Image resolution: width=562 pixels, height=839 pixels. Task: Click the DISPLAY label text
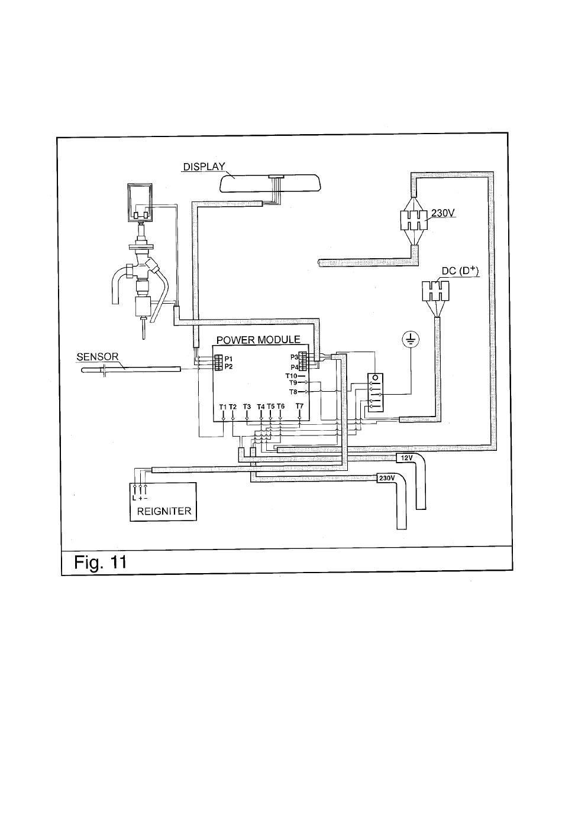click(x=204, y=166)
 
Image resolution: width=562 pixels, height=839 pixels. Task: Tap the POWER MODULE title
click(x=259, y=340)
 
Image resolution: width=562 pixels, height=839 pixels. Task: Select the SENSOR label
click(x=98, y=357)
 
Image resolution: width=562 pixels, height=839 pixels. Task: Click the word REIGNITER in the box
click(x=164, y=511)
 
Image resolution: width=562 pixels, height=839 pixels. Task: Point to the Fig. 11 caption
click(x=100, y=562)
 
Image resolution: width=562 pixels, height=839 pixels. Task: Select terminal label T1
click(x=223, y=407)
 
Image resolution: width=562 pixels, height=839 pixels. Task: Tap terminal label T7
click(x=299, y=406)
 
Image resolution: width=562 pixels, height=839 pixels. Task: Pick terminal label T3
click(x=247, y=407)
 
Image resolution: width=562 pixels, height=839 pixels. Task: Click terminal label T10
click(x=291, y=376)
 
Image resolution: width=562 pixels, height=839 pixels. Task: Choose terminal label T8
click(x=293, y=392)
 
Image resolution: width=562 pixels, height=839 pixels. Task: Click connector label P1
click(x=228, y=359)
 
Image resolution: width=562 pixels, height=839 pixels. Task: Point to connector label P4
click(x=294, y=367)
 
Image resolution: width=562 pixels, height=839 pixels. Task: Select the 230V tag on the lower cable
click(x=387, y=479)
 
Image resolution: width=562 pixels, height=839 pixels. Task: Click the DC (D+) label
click(x=460, y=271)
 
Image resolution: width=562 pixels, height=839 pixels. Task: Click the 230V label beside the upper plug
click(x=443, y=213)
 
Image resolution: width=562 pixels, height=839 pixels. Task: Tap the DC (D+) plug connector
click(x=435, y=291)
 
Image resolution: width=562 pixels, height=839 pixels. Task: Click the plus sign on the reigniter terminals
click(x=140, y=499)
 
